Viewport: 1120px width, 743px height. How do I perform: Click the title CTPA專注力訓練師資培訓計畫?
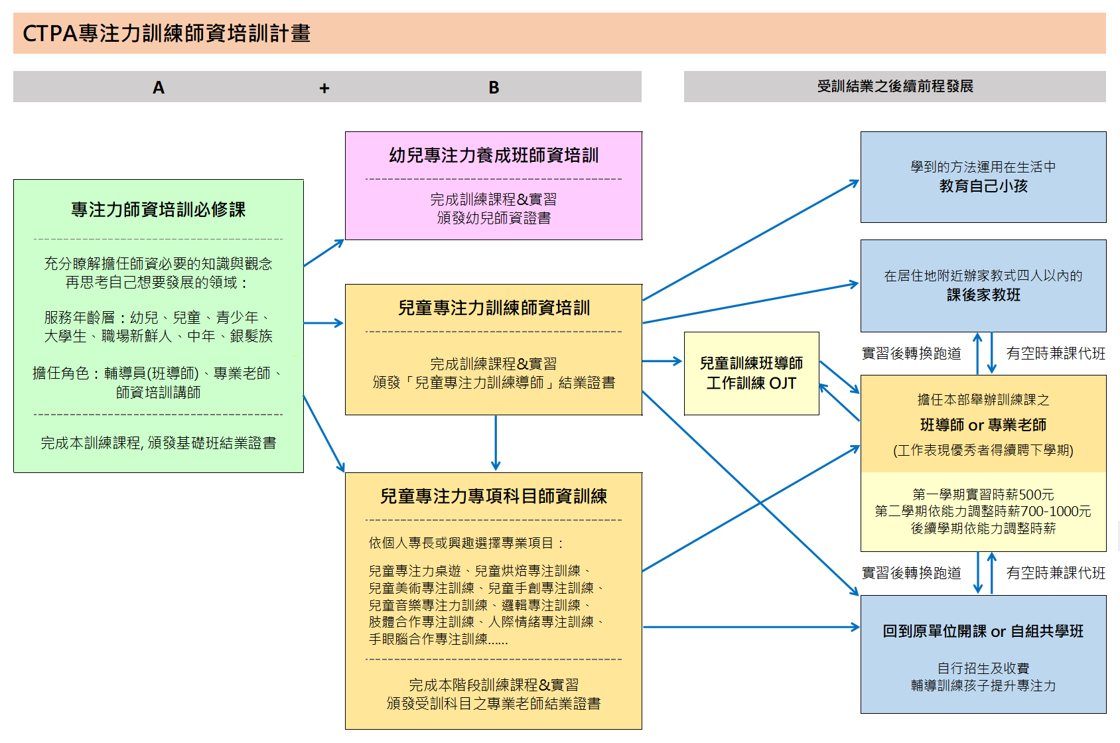click(x=167, y=33)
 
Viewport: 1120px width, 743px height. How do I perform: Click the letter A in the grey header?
click(x=158, y=88)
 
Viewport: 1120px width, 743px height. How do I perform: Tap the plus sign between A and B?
click(x=324, y=88)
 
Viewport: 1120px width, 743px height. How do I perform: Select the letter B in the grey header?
click(x=494, y=88)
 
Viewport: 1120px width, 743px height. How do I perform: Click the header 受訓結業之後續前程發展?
click(x=894, y=86)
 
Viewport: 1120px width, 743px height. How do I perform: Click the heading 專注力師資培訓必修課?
click(x=158, y=210)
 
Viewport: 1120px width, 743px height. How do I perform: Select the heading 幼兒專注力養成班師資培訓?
click(x=494, y=155)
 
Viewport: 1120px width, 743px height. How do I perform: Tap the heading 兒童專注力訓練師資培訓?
click(x=494, y=308)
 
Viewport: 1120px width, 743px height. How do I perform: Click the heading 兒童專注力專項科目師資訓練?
click(x=494, y=496)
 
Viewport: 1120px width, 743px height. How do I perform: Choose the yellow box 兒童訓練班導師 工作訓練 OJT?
click(x=751, y=373)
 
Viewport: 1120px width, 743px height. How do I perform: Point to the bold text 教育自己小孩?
click(x=983, y=186)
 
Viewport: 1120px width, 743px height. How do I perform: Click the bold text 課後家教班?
click(x=983, y=295)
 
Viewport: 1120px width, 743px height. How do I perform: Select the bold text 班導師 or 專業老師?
click(x=983, y=425)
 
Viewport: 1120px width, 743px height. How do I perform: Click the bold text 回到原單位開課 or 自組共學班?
click(x=983, y=632)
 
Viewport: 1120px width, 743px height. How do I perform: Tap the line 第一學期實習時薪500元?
click(x=983, y=494)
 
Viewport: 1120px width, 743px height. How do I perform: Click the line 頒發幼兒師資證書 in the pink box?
click(x=494, y=218)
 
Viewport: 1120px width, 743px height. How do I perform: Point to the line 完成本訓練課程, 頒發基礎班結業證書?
click(x=158, y=442)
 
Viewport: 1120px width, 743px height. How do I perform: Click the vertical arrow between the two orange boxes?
click(x=496, y=443)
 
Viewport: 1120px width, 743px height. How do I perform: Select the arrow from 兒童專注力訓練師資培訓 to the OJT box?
click(x=662, y=361)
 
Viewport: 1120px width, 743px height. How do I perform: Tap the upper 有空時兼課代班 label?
click(x=1056, y=354)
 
